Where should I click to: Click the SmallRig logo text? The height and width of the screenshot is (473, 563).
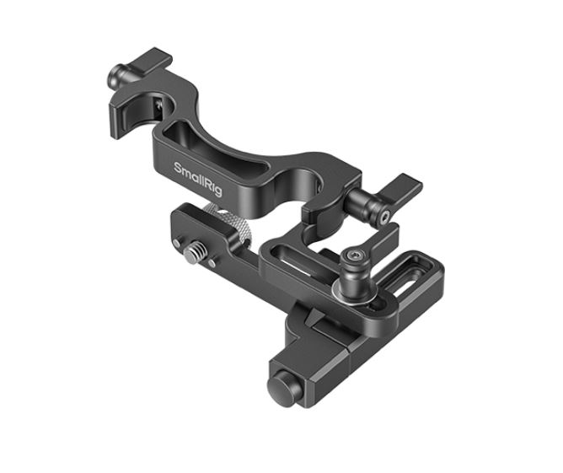[198, 180]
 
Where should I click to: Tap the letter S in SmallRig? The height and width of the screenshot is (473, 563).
[178, 168]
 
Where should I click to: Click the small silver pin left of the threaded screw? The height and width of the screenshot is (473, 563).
[177, 244]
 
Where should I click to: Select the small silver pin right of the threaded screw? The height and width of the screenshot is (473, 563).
[212, 263]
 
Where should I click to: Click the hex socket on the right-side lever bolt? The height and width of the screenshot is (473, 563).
[384, 217]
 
